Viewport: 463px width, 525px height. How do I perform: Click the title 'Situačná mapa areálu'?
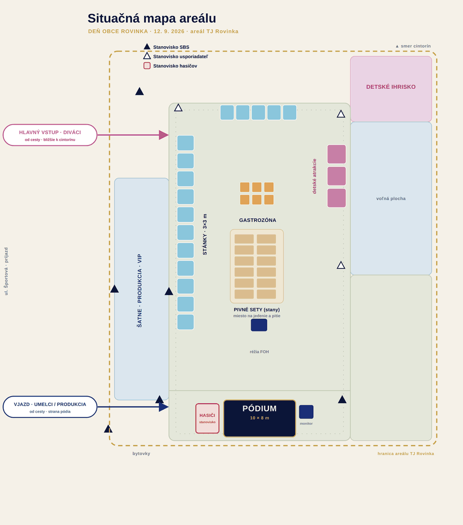pos(152,18)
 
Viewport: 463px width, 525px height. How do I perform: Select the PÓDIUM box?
pos(260,418)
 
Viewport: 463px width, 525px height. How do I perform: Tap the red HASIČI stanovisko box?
pos(207,418)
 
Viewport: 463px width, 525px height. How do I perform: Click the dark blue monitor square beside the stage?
pos(306,412)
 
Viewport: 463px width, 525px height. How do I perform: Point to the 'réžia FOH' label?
pos(259,352)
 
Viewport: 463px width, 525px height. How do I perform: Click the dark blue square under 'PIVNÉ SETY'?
pos(259,325)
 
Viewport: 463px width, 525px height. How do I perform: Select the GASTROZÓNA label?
pos(257,220)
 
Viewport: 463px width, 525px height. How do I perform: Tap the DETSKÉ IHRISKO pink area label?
pos(391,87)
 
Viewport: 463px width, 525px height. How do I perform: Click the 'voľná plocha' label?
pos(391,199)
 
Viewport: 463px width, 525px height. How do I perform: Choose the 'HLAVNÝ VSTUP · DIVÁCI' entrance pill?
pos(50,135)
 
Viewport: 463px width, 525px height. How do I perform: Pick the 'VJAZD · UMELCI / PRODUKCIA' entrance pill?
pos(50,407)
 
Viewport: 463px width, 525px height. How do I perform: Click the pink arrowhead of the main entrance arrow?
pos(164,135)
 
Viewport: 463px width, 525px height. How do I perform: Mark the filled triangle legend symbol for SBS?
pos(147,47)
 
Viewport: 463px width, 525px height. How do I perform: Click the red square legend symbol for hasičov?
pos(147,66)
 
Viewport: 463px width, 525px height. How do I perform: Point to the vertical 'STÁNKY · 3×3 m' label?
pos(205,234)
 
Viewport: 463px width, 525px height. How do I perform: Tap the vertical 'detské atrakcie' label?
pos(314,176)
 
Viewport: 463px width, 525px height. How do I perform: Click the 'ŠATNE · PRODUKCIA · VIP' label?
pos(139,291)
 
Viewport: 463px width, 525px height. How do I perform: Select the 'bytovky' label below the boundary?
pos(141,453)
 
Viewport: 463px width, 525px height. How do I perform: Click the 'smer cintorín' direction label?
pos(413,46)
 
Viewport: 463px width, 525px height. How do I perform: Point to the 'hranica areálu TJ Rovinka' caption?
pos(406,454)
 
